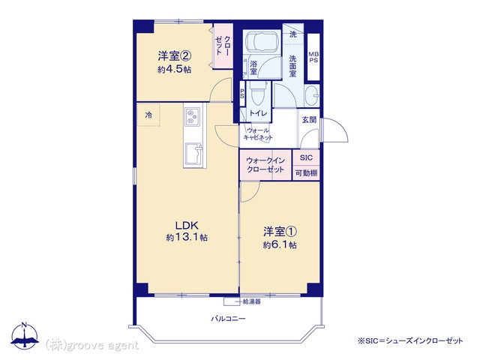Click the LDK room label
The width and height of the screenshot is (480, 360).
(x=187, y=226)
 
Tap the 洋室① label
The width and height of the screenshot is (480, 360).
(x=280, y=232)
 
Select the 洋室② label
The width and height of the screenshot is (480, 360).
(x=175, y=56)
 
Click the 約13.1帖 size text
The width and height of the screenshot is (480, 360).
(x=187, y=237)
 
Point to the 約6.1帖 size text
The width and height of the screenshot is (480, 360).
(x=280, y=245)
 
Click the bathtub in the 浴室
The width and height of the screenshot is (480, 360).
(x=262, y=42)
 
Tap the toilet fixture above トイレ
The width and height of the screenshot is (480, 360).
(x=258, y=94)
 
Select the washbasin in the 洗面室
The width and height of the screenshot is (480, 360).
(x=312, y=95)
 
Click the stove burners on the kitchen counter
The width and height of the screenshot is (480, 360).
(x=192, y=117)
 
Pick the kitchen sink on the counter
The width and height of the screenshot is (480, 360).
(x=193, y=154)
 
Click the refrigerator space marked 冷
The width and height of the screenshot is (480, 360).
(x=148, y=115)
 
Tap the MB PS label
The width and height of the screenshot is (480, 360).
(x=313, y=57)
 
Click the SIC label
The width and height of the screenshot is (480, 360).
(x=306, y=157)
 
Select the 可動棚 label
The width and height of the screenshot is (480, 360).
(x=306, y=173)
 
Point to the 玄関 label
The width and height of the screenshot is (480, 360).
(x=309, y=120)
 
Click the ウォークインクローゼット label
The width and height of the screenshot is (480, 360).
(x=265, y=165)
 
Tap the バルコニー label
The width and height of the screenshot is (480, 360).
(x=228, y=319)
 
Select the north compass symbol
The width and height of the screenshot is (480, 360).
(x=25, y=335)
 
